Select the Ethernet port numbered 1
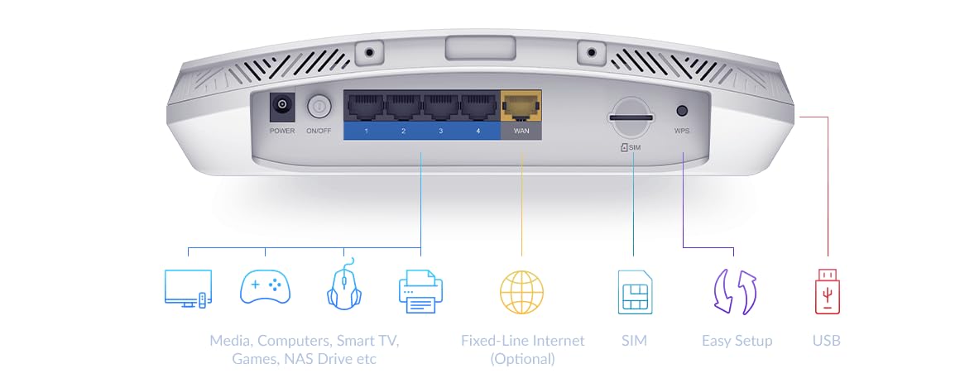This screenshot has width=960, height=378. point(366,108)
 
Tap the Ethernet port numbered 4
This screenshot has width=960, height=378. point(479,108)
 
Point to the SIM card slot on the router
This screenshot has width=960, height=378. point(631,117)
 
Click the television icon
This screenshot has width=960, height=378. point(188,288)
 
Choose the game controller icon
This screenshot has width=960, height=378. point(265,287)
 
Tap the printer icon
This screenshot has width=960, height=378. point(420,291)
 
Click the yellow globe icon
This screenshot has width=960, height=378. point(521,292)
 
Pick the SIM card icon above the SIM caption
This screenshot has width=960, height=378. point(635,292)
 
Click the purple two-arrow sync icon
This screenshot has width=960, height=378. point(735,292)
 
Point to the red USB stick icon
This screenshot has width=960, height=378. point(827,292)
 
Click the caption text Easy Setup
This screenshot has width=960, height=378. point(737,341)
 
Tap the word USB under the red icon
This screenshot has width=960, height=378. point(827,340)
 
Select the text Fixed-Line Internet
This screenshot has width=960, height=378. point(523,340)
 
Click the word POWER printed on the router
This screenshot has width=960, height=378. point(282,131)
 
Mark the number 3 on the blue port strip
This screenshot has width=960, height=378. point(441,131)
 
